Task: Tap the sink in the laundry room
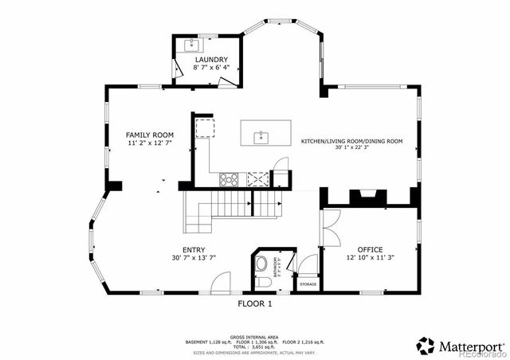(x=192, y=45)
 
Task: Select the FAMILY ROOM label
(x=151, y=135)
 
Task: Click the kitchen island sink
(x=261, y=138)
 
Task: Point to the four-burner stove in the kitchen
(x=229, y=179)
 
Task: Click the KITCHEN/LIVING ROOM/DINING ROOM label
(x=351, y=141)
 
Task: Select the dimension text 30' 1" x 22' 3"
(x=351, y=148)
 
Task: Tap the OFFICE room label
(x=370, y=249)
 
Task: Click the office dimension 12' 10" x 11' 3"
(x=370, y=257)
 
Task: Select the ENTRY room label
(x=194, y=249)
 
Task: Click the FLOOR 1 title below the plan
(x=255, y=303)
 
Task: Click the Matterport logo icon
(x=425, y=346)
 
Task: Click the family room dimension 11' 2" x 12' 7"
(x=151, y=144)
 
